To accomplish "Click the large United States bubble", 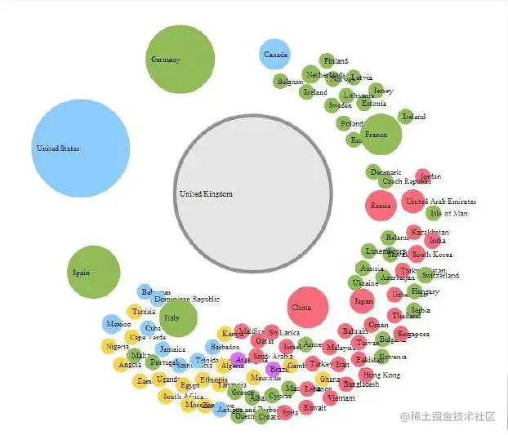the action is pyautogui.click(x=80, y=149).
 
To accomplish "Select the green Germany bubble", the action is pyautogui.click(x=180, y=60).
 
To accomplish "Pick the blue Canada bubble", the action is pyautogui.click(x=274, y=55).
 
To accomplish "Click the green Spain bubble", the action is pyautogui.click(x=93, y=272).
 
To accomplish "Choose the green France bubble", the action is pyautogui.click(x=381, y=135).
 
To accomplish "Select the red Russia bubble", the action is pyautogui.click(x=381, y=206).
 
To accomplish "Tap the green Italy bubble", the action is pyautogui.click(x=178, y=318).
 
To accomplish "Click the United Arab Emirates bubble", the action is pyautogui.click(x=413, y=201).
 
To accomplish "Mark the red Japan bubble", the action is pyautogui.click(x=363, y=301).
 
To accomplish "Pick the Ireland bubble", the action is pyautogui.click(x=406, y=117).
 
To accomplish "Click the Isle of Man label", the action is pyautogui.click(x=449, y=213).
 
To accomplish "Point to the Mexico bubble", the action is pyautogui.click(x=112, y=324).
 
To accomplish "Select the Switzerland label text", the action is pyautogui.click(x=440, y=275).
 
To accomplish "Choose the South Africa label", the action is pyautogui.click(x=182, y=397).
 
